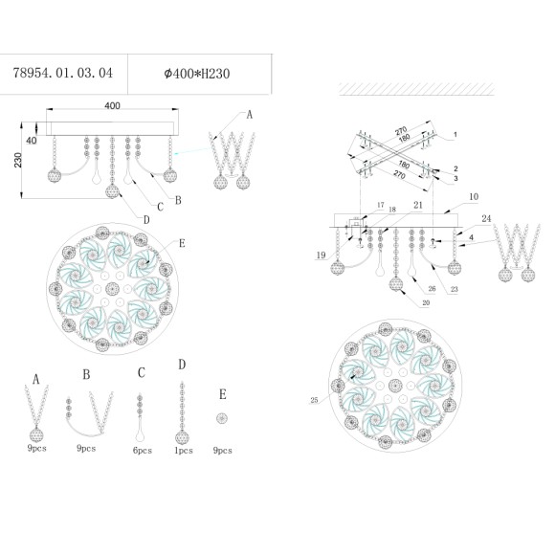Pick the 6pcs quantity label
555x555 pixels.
click(142, 448)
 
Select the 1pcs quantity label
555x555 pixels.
click(182, 448)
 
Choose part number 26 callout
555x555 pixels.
click(431, 287)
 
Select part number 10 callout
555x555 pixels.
click(446, 197)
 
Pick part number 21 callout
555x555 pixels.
click(418, 204)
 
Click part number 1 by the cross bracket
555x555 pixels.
click(456, 134)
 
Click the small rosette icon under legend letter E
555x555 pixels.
click(222, 419)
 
